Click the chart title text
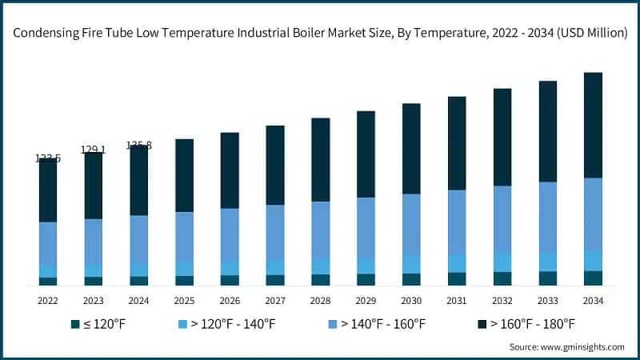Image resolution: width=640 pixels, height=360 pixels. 320,33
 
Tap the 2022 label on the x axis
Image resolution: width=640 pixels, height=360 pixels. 48,301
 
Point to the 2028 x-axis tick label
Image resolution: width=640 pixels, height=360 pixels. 320,301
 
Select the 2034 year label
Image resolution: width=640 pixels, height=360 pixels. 593,301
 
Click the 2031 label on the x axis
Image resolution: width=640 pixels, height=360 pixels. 457,301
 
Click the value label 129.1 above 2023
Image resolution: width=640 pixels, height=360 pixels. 93,150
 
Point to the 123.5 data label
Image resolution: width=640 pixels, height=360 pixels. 48,158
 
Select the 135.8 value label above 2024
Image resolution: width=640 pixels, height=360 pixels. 138,146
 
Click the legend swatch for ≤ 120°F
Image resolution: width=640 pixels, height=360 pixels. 74,324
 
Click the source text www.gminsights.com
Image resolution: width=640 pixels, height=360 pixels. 566,346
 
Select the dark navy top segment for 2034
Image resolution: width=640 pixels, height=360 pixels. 593,125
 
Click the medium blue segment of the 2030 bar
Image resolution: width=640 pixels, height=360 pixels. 411,224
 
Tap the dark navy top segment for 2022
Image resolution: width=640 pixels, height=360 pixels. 48,190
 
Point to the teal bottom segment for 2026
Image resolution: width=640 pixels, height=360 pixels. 230,280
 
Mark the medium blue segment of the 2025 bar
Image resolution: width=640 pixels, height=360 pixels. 184,237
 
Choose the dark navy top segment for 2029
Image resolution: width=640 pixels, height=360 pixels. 366,154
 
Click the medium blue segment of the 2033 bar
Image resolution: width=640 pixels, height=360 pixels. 547,216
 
